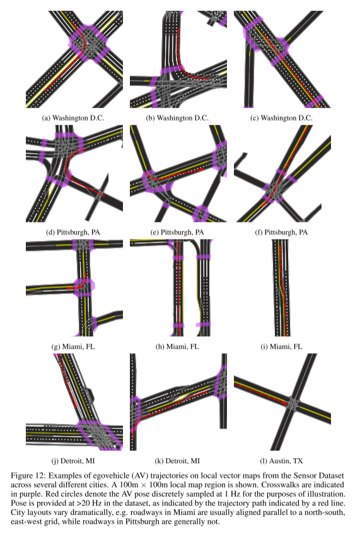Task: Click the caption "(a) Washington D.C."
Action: coord(73,118)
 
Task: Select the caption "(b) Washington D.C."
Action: coord(177,118)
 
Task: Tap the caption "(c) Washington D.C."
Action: coord(281,118)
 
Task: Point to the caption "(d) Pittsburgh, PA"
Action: coord(73,232)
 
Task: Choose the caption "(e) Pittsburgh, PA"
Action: coord(177,232)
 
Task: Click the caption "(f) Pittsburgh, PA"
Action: coord(281,232)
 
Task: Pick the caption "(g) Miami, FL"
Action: coord(73,347)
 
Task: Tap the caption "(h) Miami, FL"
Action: coord(177,347)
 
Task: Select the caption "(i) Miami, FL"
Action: coord(281,347)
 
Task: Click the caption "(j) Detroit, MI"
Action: coord(73,461)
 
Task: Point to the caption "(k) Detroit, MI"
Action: coord(177,461)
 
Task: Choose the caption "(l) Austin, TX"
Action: coord(281,461)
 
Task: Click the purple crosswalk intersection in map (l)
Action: coord(292,404)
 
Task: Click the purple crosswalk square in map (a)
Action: coord(90,44)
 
